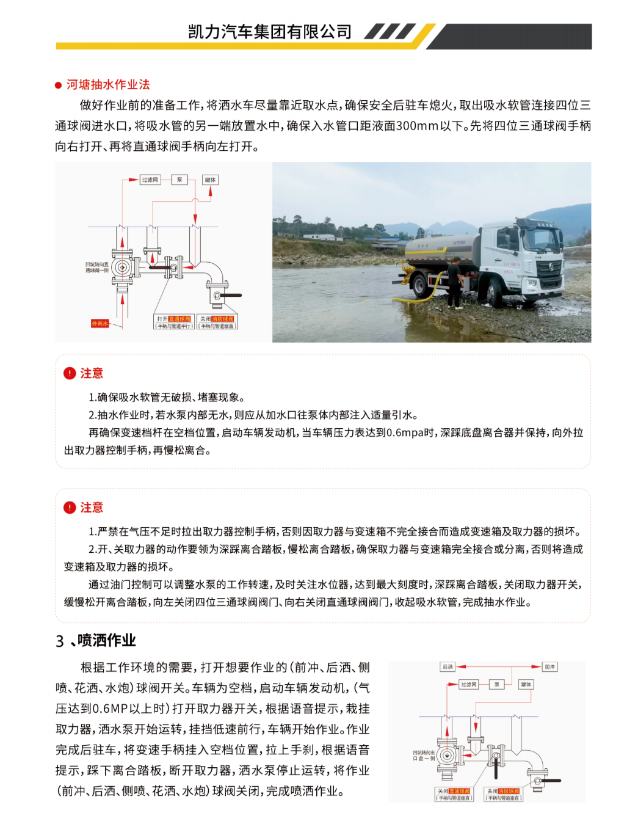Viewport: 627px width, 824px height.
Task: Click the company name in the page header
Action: [269, 32]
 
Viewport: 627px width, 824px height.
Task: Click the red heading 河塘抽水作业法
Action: [108, 85]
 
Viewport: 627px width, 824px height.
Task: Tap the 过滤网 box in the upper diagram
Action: [150, 180]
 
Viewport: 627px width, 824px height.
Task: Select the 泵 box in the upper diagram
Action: [179, 180]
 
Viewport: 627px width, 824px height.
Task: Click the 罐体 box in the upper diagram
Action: [211, 180]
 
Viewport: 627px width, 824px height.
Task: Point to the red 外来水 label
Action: [100, 323]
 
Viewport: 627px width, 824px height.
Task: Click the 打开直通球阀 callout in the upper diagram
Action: [173, 319]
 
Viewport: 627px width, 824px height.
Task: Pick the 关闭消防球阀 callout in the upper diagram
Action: [217, 319]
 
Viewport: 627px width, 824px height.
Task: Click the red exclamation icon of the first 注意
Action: [70, 373]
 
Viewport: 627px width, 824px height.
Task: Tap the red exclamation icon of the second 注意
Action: [70, 508]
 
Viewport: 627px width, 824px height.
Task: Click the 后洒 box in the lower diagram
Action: [448, 666]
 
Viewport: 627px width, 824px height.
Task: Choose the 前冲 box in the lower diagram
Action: [549, 666]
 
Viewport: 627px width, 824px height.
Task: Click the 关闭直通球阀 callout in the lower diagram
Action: [454, 792]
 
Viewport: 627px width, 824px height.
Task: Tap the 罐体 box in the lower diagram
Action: [526, 685]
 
